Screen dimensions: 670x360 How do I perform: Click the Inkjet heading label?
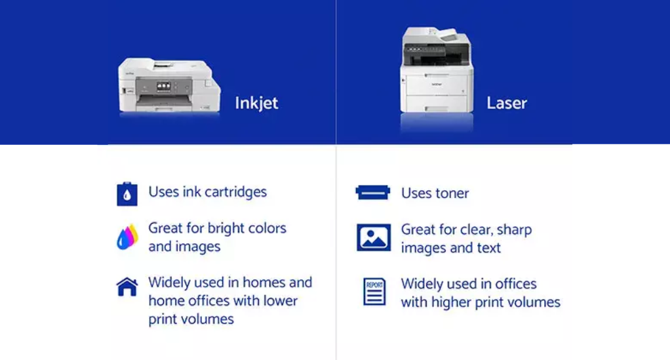point(256,103)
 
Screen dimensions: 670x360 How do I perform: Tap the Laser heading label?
point(507,103)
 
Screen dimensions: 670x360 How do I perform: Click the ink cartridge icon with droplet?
point(127,194)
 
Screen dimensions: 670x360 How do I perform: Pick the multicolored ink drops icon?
point(127,237)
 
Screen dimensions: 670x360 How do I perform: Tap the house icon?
point(127,287)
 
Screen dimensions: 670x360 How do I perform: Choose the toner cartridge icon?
point(372,192)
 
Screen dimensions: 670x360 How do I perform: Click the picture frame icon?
point(374,237)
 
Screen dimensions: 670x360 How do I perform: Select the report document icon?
point(374,292)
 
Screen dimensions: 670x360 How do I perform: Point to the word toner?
point(452,193)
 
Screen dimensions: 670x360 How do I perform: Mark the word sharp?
point(514,230)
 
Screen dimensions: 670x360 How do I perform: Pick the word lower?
point(281,301)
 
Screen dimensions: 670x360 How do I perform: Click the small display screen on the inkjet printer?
point(164,87)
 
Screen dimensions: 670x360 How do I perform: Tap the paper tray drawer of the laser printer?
point(436,103)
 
